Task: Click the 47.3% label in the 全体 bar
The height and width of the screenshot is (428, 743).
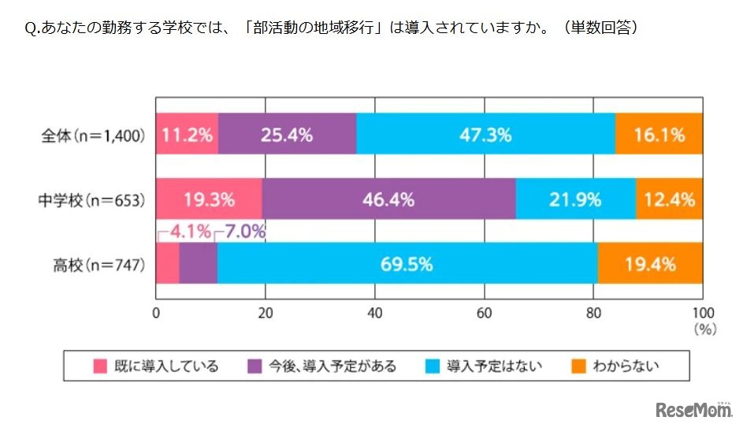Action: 485,135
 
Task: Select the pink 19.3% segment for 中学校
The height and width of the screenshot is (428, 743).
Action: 209,199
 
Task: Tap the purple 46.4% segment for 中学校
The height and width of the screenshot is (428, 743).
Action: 388,199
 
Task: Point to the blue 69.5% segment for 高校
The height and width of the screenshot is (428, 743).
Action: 407,264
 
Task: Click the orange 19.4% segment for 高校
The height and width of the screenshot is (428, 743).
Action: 650,264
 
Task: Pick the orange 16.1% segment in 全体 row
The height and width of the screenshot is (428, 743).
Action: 659,135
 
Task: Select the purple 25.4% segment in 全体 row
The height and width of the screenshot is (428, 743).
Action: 287,135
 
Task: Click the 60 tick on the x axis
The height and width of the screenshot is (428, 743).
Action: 484,311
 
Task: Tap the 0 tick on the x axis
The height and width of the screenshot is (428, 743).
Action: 157,311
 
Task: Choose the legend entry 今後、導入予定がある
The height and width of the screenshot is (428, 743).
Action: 321,366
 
